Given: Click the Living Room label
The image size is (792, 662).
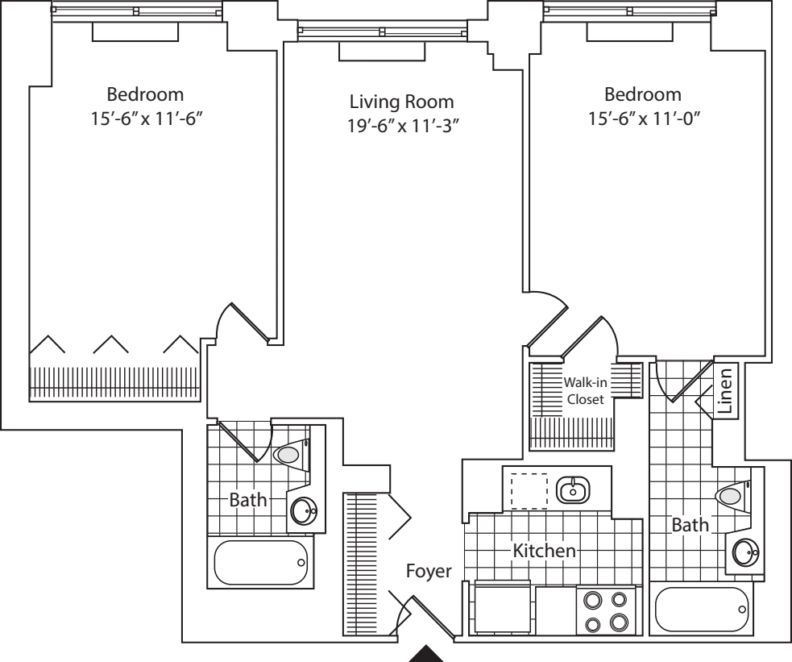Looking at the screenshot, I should (x=401, y=102).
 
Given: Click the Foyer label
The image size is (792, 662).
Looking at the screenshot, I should (x=429, y=571).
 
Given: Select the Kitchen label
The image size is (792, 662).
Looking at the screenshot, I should (x=545, y=552).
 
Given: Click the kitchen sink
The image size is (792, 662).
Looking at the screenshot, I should (x=573, y=488).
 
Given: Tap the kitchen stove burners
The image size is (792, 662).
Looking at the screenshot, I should (x=605, y=610).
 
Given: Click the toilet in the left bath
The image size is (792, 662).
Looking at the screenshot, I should (x=289, y=456).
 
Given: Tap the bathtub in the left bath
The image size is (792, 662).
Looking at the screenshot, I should (x=261, y=563).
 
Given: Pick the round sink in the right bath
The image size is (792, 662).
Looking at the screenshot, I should (x=745, y=552).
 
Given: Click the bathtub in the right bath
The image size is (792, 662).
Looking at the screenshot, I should (x=703, y=610).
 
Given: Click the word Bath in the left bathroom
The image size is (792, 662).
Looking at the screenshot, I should (x=247, y=500).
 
